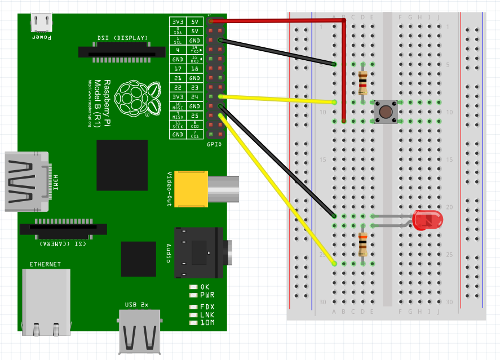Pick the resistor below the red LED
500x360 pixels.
[x=363, y=245]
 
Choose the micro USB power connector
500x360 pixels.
[x=42, y=23]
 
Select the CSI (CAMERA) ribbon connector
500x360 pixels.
[x=63, y=229]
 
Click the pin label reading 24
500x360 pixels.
[x=194, y=97]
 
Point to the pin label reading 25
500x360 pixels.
[x=194, y=115]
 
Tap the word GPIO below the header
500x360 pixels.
[x=215, y=144]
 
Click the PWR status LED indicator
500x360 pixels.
[x=194, y=295]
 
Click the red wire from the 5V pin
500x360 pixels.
[x=282, y=21]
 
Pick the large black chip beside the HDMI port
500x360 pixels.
[x=122, y=165]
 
